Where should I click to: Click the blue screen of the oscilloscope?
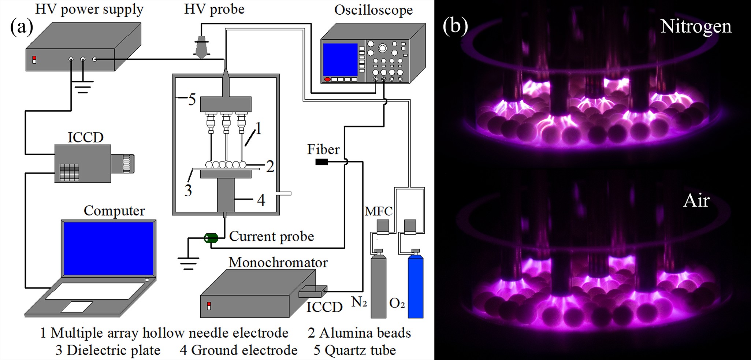[340, 60]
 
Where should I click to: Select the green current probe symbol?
[211, 238]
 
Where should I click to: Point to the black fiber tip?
[322, 162]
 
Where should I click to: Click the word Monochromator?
[278, 262]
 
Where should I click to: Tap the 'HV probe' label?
[214, 9]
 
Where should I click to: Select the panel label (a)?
[22, 26]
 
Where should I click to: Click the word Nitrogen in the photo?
[696, 26]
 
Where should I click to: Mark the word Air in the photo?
[696, 201]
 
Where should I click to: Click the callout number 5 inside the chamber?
[192, 99]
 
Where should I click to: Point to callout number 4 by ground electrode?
[261, 200]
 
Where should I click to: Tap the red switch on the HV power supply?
[34, 60]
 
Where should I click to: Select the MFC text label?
[378, 211]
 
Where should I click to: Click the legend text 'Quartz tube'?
[360, 350]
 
